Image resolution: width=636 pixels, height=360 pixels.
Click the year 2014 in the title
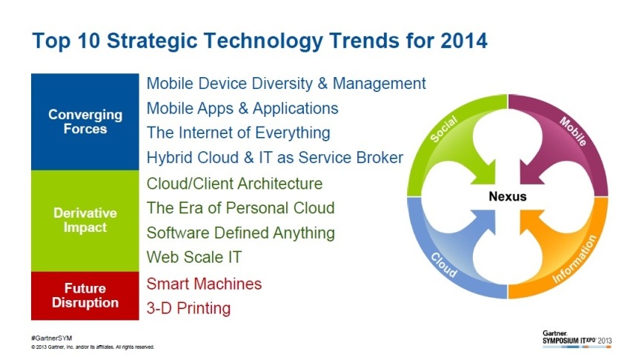pos(463,41)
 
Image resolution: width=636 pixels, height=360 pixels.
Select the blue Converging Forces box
pos(85,121)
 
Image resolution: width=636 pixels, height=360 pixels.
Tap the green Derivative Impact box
pos(85,221)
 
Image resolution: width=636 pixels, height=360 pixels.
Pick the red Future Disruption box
pos(85,296)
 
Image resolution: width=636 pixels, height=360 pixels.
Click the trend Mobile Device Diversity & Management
pos(286,84)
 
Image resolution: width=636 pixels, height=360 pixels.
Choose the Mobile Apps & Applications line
pos(242,109)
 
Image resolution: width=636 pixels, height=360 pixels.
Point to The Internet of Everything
pos(238,133)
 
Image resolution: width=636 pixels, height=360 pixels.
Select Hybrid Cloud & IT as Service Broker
pos(274,157)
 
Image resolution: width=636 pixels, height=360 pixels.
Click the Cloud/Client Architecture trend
pos(234,184)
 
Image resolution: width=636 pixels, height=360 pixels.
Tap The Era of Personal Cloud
pos(240,208)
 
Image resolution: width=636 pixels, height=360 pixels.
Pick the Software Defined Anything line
pos(240,233)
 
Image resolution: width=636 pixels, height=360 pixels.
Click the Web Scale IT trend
pos(194,257)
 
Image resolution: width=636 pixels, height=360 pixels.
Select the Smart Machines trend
pos(204,284)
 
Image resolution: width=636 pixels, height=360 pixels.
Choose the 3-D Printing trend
pos(188,308)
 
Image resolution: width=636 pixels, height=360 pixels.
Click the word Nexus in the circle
pos(508,196)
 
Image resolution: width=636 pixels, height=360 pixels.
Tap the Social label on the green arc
pos(443,129)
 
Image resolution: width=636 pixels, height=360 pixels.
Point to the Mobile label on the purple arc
pos(573,131)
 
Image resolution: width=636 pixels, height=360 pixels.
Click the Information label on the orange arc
pos(574,259)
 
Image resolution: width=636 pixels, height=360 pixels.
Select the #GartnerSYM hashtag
pos(51,338)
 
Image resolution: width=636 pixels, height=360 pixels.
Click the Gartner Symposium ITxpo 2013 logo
pos(577,339)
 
